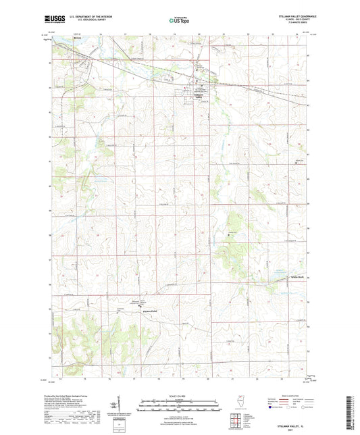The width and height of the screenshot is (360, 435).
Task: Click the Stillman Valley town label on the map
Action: (x=198, y=96)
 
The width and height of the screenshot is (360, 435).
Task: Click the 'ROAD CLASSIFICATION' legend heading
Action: (x=300, y=396)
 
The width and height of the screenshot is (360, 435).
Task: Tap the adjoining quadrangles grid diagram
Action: (x=240, y=423)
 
